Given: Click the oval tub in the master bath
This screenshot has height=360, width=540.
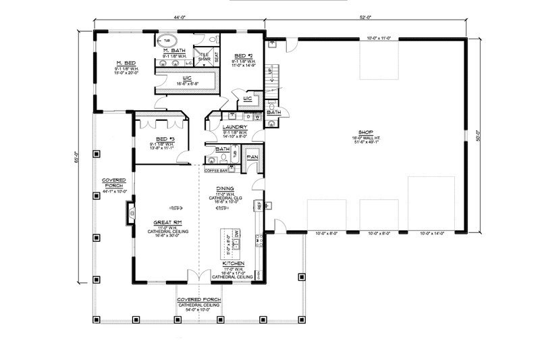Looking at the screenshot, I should pos(167,40).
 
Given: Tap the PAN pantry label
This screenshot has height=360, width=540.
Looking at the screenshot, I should pos(252,157).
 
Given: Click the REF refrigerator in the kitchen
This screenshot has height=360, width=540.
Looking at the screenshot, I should pos(257,205).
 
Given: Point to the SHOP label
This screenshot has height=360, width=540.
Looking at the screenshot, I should pos(367,132).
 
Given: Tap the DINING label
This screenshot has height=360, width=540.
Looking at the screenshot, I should pos(225,189).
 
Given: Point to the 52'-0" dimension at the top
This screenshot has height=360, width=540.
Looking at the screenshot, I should pos(367,15).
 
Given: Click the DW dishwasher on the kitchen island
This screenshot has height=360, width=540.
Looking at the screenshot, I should pos(226,233).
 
